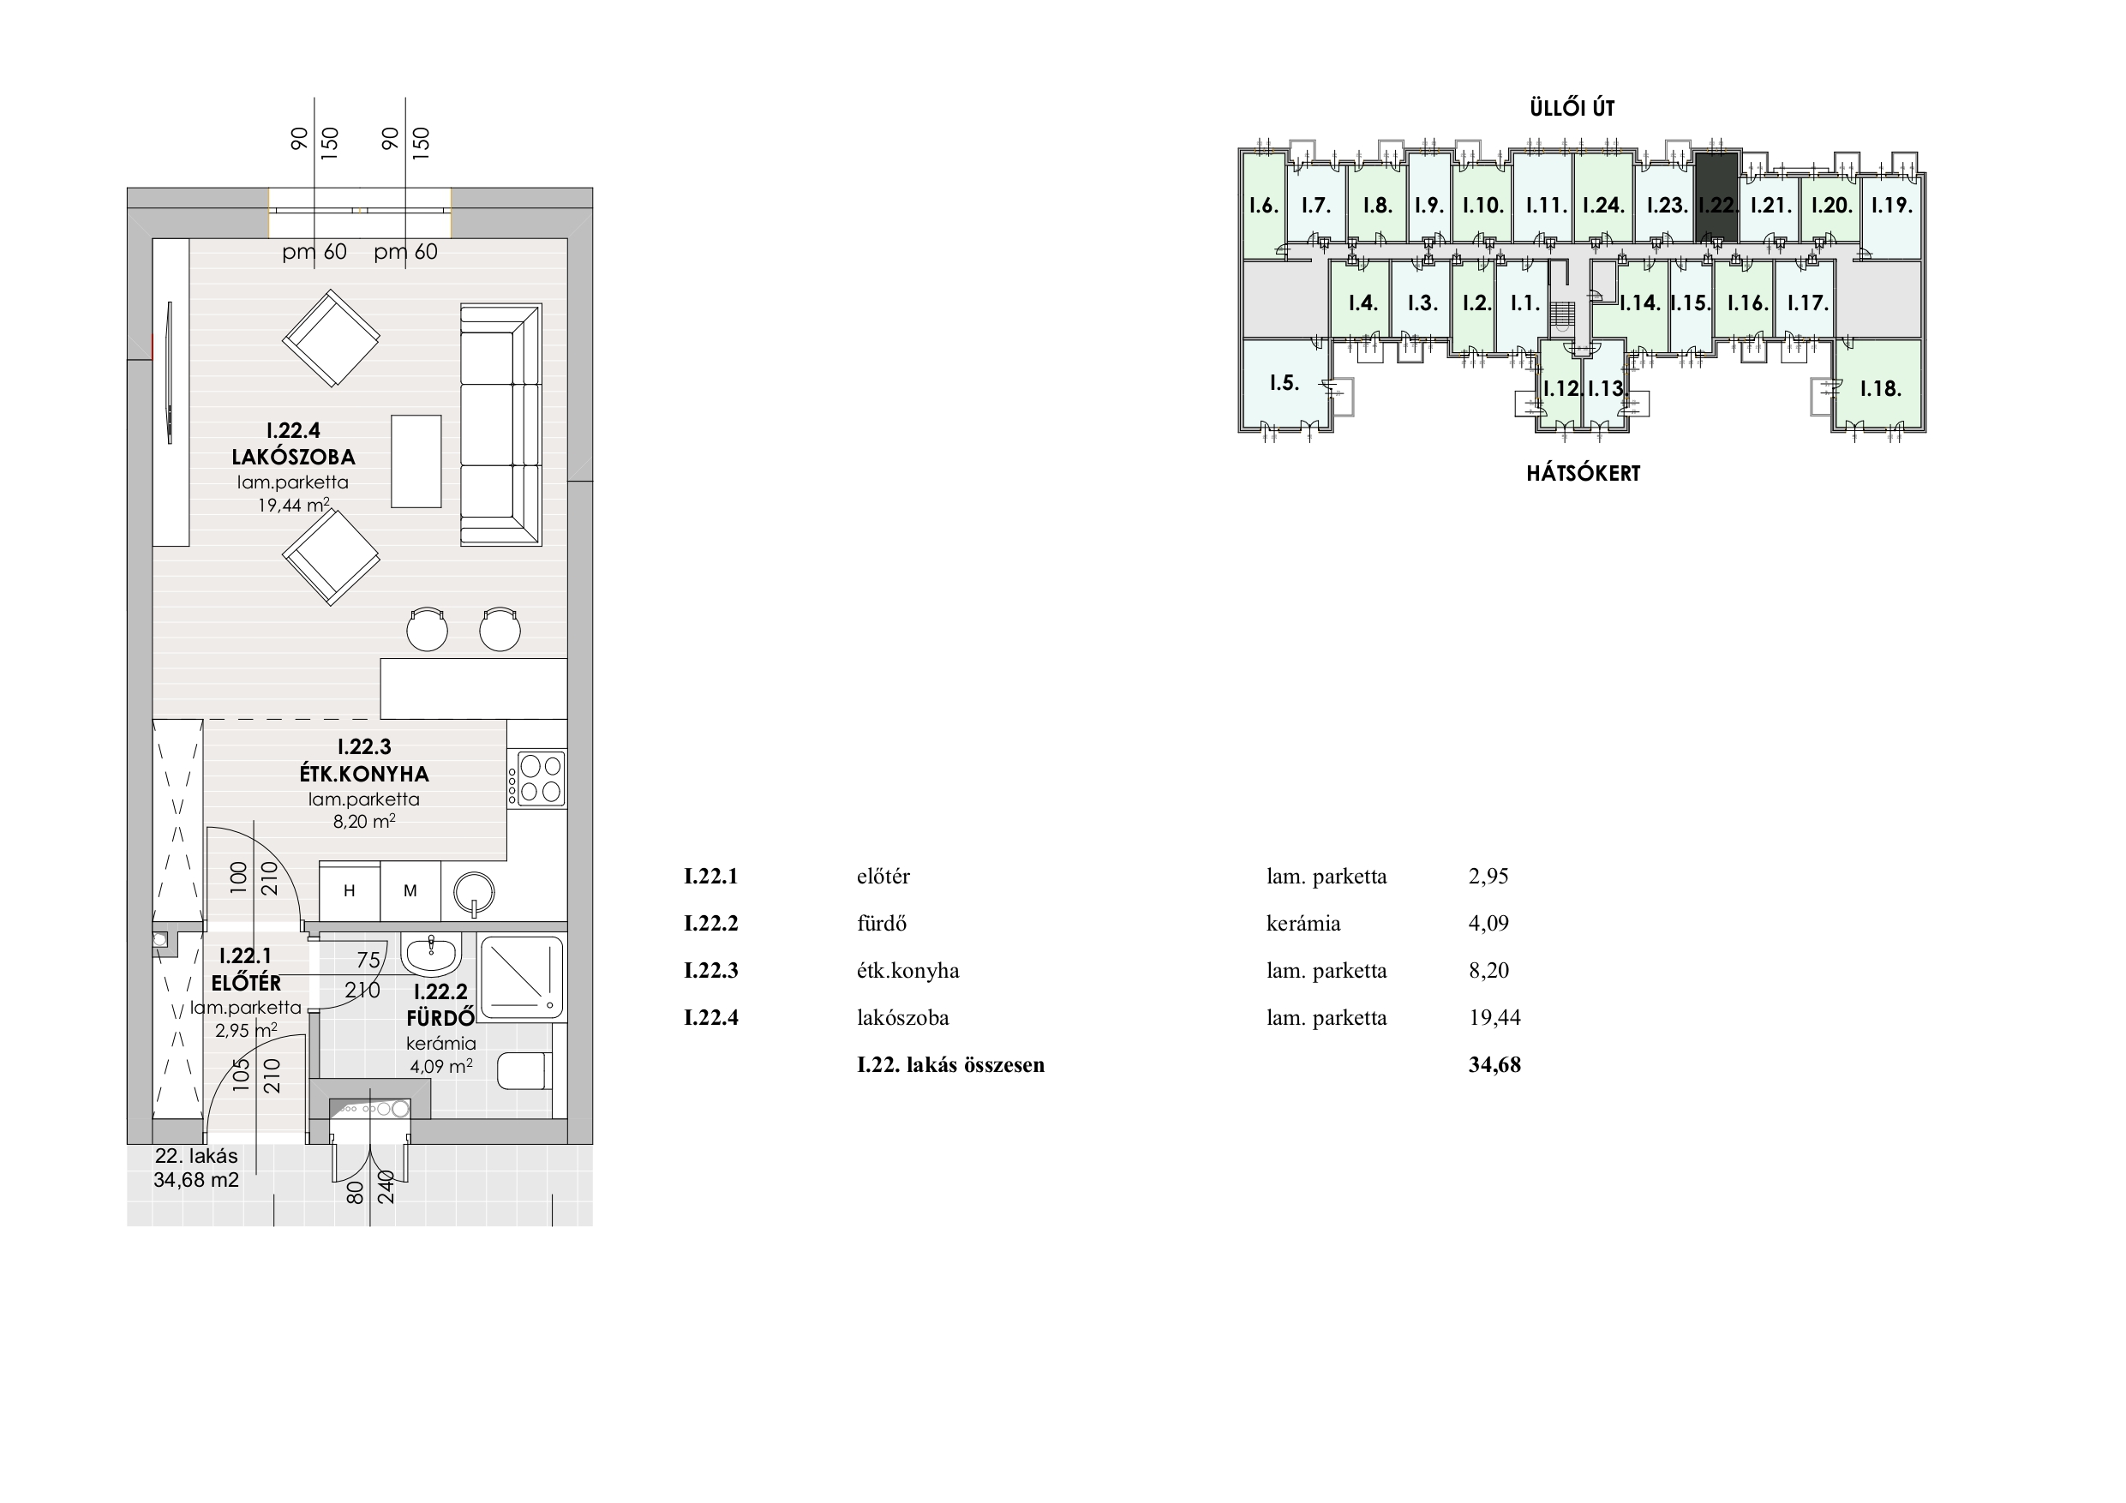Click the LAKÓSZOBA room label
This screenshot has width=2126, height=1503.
pos(294,457)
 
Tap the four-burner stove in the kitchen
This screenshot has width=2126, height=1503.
pos(536,778)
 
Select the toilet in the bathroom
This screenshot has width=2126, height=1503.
pos(525,1071)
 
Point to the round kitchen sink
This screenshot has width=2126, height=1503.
pos(474,893)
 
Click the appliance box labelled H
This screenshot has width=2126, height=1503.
pos(349,891)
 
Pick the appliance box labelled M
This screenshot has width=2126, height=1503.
pos(410,891)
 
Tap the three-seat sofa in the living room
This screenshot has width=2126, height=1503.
pos(501,424)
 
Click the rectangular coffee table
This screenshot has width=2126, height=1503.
pos(416,461)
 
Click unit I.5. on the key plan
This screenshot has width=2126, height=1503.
pos(1285,383)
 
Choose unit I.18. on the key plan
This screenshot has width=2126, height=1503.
pos(1880,388)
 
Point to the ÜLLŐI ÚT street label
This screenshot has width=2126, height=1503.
pos(1572,108)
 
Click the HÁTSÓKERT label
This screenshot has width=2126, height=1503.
pos(1584,474)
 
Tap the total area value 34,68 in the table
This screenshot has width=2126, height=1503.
pos(1494,1065)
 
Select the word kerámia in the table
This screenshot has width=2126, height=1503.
pos(1303,923)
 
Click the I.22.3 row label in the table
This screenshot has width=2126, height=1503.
pos(711,971)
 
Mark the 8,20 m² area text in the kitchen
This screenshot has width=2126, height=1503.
pos(365,821)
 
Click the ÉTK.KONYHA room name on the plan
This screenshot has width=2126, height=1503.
pos(364,773)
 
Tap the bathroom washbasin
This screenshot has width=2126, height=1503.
pos(430,954)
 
